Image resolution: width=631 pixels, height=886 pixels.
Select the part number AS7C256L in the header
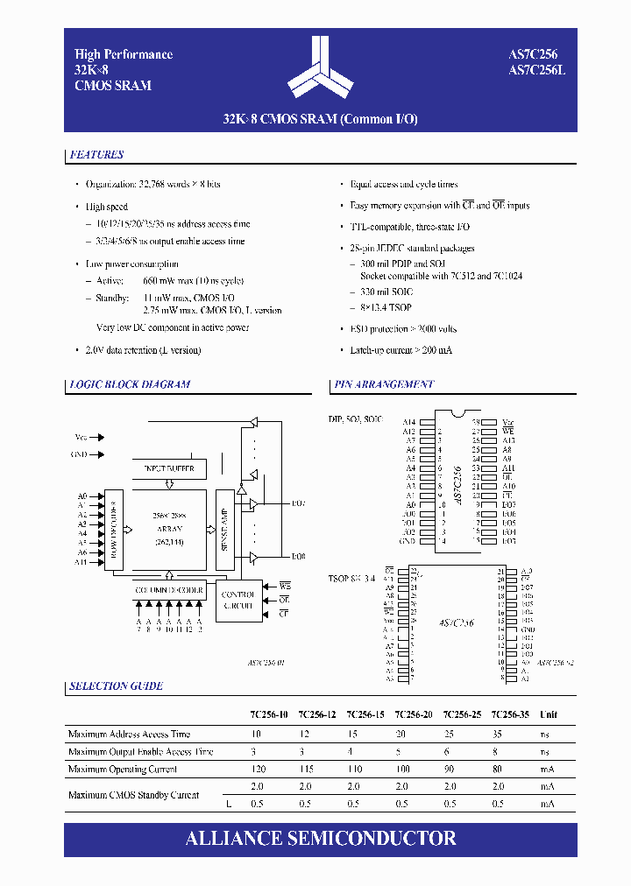click(x=537, y=70)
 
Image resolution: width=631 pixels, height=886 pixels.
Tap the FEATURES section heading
click(x=96, y=155)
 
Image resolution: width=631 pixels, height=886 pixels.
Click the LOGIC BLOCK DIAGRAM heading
click(x=130, y=384)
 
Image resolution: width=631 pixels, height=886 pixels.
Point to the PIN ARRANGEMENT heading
click(x=384, y=384)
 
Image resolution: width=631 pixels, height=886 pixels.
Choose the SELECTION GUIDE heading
click(x=116, y=686)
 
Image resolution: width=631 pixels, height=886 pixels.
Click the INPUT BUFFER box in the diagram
click(x=168, y=469)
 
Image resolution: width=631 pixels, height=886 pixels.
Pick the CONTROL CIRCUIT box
click(x=238, y=600)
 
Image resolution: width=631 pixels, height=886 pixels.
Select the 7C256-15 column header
click(x=365, y=715)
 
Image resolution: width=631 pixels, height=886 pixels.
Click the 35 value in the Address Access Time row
click(x=498, y=735)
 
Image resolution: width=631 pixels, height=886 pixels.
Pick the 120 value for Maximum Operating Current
click(x=257, y=770)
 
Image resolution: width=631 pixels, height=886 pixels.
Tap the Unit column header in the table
click(x=548, y=715)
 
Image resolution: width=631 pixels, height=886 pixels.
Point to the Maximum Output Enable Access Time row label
click(x=140, y=752)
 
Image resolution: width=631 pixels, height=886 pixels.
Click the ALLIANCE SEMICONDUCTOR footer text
click(x=321, y=838)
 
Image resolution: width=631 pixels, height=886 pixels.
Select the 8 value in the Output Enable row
click(x=498, y=752)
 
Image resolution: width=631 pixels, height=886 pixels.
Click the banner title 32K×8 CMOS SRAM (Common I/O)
click(x=321, y=119)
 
